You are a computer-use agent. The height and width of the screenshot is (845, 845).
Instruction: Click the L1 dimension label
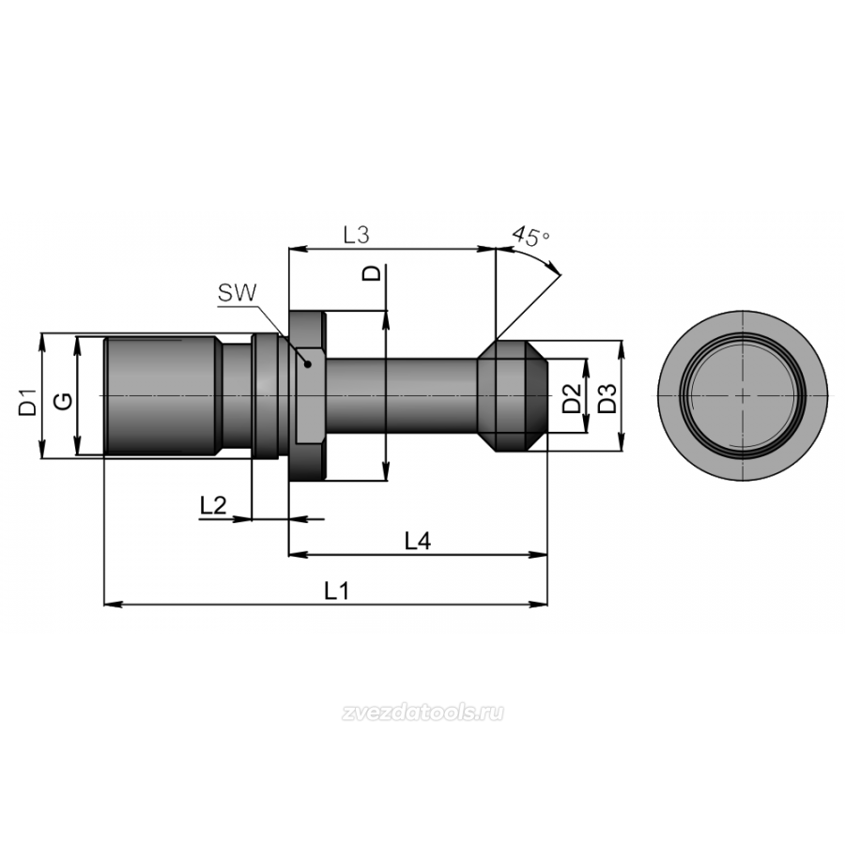tap(337, 591)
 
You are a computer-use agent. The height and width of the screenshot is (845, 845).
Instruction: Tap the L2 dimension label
tap(213, 506)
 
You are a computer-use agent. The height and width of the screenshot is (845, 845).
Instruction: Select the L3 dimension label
tap(356, 235)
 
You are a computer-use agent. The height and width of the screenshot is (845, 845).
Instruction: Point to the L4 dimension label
tap(418, 541)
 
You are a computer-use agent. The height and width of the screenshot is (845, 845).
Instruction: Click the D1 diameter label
tap(27, 402)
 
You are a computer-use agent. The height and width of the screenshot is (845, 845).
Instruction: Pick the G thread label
tap(64, 401)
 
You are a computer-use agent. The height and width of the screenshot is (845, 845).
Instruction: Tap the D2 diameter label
tap(572, 398)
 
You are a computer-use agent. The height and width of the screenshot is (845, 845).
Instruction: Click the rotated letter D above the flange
tap(371, 272)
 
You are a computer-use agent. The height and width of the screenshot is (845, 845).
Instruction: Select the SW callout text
tap(238, 293)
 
